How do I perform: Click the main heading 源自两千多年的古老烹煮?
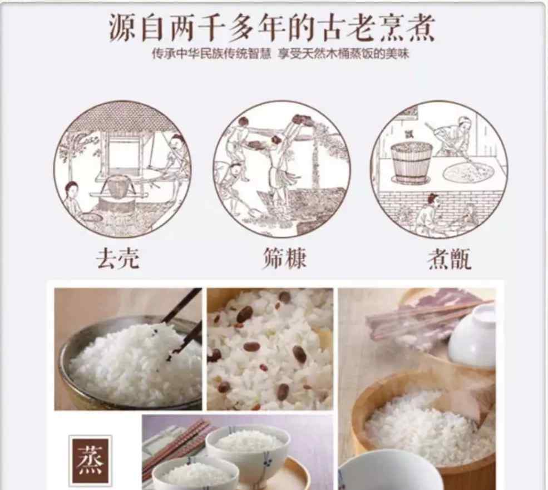272,28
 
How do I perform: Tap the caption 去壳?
118,259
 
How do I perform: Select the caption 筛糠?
284,258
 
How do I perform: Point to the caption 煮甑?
450,259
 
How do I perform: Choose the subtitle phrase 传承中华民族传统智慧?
211,54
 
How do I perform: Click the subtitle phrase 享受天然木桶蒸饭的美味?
344,54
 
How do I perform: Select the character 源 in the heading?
123,28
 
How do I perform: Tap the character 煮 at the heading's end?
421,28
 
